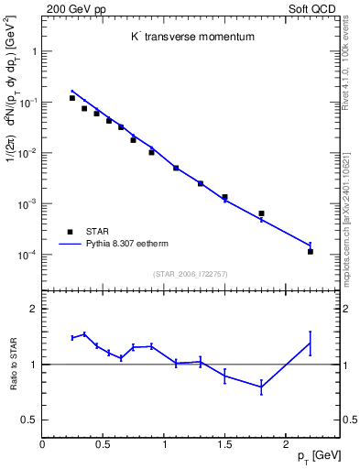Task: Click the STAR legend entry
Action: pyautogui.click(x=91, y=232)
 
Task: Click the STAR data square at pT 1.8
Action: pyautogui.click(x=261, y=213)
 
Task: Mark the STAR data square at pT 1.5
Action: pyautogui.click(x=224, y=197)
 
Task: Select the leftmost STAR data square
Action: pyautogui.click(x=72, y=98)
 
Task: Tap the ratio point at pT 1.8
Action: pyautogui.click(x=261, y=387)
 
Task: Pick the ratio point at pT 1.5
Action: pyautogui.click(x=224, y=376)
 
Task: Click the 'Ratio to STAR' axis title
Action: pyautogui.click(x=13, y=365)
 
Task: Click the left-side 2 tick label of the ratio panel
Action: pyautogui.click(x=33, y=310)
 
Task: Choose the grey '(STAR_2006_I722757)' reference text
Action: pyautogui.click(x=191, y=272)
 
